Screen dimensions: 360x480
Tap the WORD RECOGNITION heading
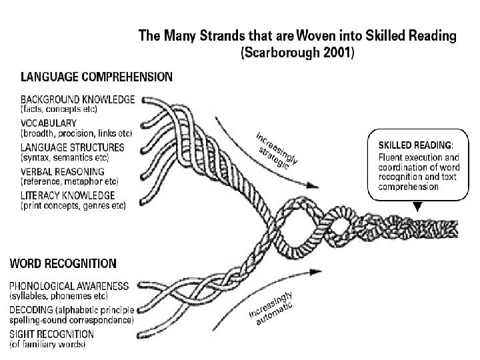coord(64,265)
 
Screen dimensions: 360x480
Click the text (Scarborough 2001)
coord(297,54)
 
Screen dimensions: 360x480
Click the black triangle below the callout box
coord(417,207)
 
